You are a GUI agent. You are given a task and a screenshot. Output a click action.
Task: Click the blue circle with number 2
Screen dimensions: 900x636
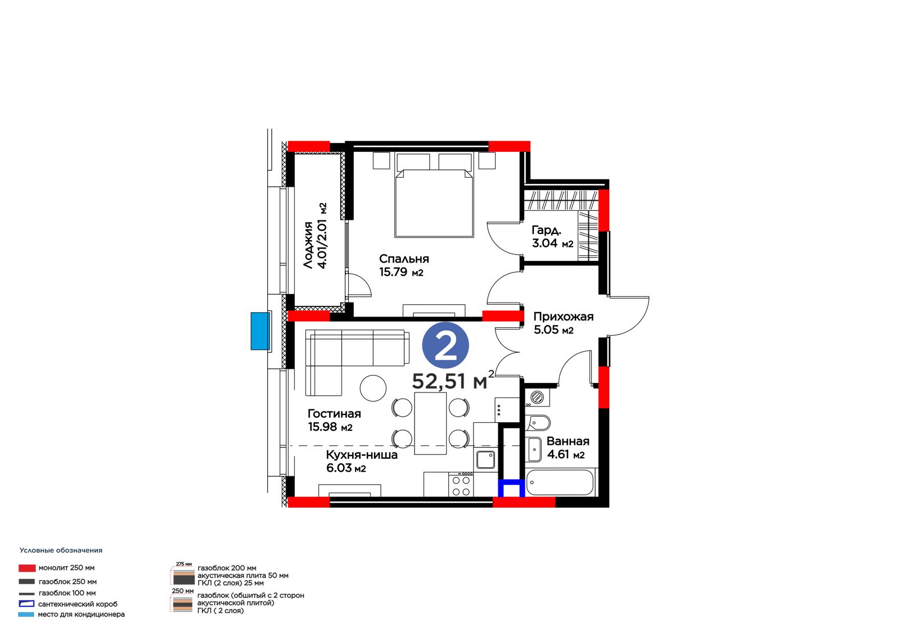coord(445,345)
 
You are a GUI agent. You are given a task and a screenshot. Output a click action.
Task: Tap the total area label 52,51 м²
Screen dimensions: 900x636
coord(453,380)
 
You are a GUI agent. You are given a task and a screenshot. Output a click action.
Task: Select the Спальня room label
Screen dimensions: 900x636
coord(404,259)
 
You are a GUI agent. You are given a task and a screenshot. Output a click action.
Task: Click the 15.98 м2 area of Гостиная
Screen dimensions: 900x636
coord(330,427)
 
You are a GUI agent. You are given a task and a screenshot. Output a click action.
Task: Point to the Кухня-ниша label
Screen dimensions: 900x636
coord(362,455)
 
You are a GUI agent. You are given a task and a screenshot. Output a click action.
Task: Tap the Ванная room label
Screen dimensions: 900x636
coord(568,441)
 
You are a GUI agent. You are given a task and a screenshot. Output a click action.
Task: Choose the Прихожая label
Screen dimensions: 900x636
coord(563,317)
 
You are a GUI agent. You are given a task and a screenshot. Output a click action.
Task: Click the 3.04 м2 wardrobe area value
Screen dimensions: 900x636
coord(552,243)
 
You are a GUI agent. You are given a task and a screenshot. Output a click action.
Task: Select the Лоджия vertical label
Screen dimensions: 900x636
coord(308,245)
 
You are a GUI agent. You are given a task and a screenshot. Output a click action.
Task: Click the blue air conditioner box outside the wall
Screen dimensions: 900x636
coord(260,331)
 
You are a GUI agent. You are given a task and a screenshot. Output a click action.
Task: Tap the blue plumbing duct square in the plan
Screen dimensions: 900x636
coord(511,488)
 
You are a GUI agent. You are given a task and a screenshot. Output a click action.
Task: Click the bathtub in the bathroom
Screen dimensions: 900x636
coord(560,482)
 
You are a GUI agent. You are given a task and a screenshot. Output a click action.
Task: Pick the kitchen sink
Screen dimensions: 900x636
coord(485,459)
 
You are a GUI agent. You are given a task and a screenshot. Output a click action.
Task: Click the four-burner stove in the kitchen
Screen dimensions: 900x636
coord(461,485)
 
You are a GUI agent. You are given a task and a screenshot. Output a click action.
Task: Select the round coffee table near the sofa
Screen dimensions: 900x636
coord(373,388)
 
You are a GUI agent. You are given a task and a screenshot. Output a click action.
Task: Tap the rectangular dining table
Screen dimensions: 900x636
coord(430,423)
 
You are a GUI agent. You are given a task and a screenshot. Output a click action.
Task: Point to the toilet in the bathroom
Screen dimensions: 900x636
coord(538,423)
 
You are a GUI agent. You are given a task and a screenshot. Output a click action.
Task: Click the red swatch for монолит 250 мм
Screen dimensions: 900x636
coord(27,568)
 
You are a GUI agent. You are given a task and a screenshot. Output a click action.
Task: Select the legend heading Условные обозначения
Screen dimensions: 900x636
coord(61,551)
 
